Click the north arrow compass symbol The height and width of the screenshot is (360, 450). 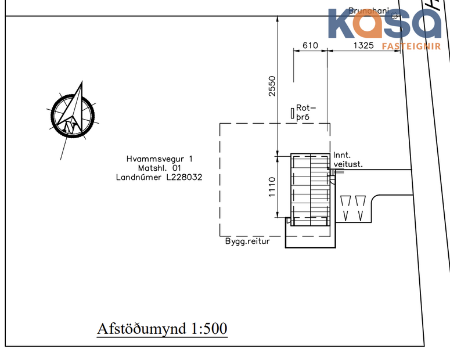(72, 113)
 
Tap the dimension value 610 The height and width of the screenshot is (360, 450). (311, 45)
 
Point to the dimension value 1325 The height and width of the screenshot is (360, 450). (363, 45)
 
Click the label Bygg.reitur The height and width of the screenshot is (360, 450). (248, 241)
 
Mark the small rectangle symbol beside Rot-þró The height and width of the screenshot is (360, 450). (291, 112)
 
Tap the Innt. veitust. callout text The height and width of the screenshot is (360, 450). (348, 160)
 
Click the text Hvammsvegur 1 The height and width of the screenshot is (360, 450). (159, 159)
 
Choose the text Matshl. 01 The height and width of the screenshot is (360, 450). (159, 168)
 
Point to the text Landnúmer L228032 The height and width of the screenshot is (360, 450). (159, 178)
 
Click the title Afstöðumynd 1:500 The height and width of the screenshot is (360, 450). (162, 329)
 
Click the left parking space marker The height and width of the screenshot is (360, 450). (347, 207)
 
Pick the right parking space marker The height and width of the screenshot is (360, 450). (361, 207)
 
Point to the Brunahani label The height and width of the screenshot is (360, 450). (368, 10)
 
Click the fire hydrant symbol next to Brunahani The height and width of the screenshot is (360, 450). (395, 16)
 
